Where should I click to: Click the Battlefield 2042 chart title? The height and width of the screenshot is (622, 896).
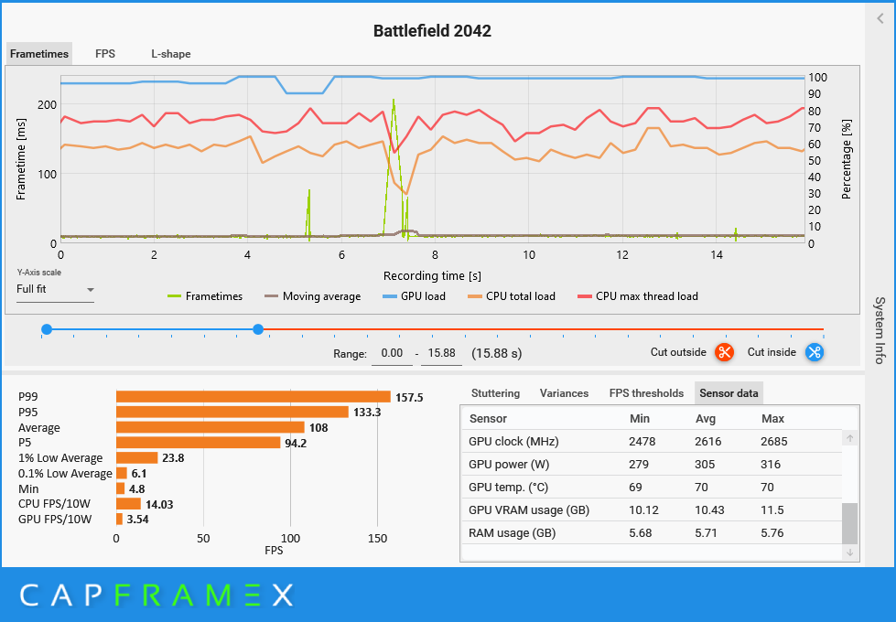[432, 31]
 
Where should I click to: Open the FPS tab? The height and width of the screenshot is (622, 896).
[105, 54]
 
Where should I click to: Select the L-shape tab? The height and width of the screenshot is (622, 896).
[171, 54]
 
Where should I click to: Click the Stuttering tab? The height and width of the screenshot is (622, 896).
[495, 393]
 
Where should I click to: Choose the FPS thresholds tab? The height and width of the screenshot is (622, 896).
[646, 393]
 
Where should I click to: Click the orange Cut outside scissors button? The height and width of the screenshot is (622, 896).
[725, 352]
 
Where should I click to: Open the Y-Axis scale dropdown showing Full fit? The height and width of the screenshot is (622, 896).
[56, 290]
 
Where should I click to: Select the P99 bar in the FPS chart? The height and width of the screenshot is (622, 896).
[253, 397]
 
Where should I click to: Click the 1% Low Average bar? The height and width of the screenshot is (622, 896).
[136, 457]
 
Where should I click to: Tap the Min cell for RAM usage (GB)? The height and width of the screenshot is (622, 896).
[641, 532]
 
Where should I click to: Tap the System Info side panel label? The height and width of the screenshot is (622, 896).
[880, 329]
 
